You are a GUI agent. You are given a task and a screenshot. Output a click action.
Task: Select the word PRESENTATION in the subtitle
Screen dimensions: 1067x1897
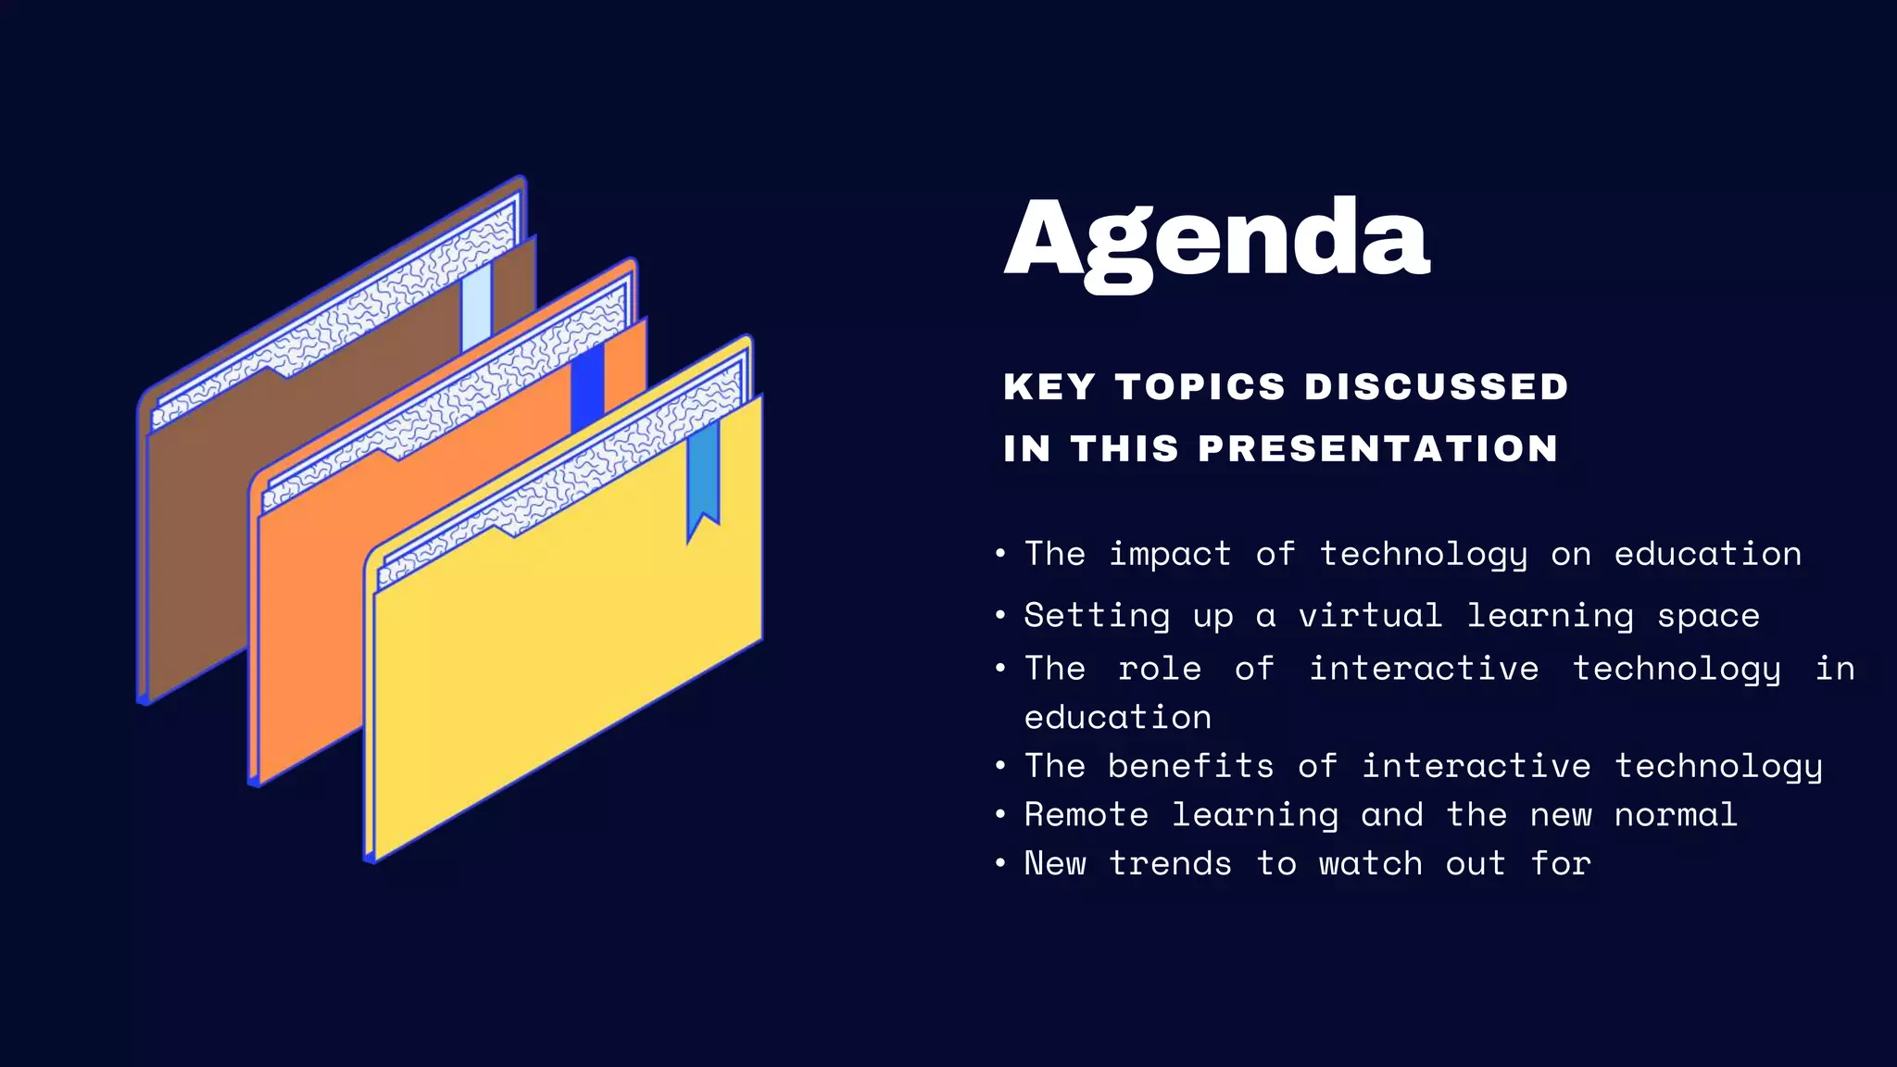[x=1378, y=449]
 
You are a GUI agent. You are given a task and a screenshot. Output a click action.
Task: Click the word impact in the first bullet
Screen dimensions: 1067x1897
[x=1170, y=554]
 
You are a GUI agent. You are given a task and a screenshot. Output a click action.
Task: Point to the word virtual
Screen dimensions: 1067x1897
[x=1370, y=616]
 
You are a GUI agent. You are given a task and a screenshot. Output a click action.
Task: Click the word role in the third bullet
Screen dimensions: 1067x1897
[x=1160, y=669]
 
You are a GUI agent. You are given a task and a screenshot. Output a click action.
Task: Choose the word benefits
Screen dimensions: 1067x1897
[x=1190, y=766]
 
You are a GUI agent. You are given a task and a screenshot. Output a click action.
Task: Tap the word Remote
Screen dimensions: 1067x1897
[x=1087, y=815]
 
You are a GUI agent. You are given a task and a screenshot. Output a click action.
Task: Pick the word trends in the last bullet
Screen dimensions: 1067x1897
[x=1170, y=863]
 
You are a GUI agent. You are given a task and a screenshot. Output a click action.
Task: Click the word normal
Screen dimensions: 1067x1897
[x=1676, y=815]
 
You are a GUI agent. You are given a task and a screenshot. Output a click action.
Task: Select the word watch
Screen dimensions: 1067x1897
[x=1370, y=863]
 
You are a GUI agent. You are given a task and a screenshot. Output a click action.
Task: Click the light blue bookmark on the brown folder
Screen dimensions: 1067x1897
[x=476, y=310]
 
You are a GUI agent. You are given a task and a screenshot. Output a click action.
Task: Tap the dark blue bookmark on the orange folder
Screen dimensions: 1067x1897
[x=587, y=386]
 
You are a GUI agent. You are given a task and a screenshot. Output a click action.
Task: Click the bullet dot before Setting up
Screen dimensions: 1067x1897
[x=1000, y=616]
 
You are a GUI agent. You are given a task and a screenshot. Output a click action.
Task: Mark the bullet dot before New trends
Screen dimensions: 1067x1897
[x=1000, y=863]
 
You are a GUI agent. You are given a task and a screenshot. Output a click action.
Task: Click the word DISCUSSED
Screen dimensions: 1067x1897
[x=1436, y=387]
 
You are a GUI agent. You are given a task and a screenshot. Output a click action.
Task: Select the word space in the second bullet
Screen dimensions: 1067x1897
[x=1708, y=616]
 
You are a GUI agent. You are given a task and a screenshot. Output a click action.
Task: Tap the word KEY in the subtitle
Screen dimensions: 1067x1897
[x=1049, y=387]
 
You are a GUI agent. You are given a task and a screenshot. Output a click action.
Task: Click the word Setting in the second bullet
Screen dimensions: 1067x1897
[x=1097, y=616]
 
